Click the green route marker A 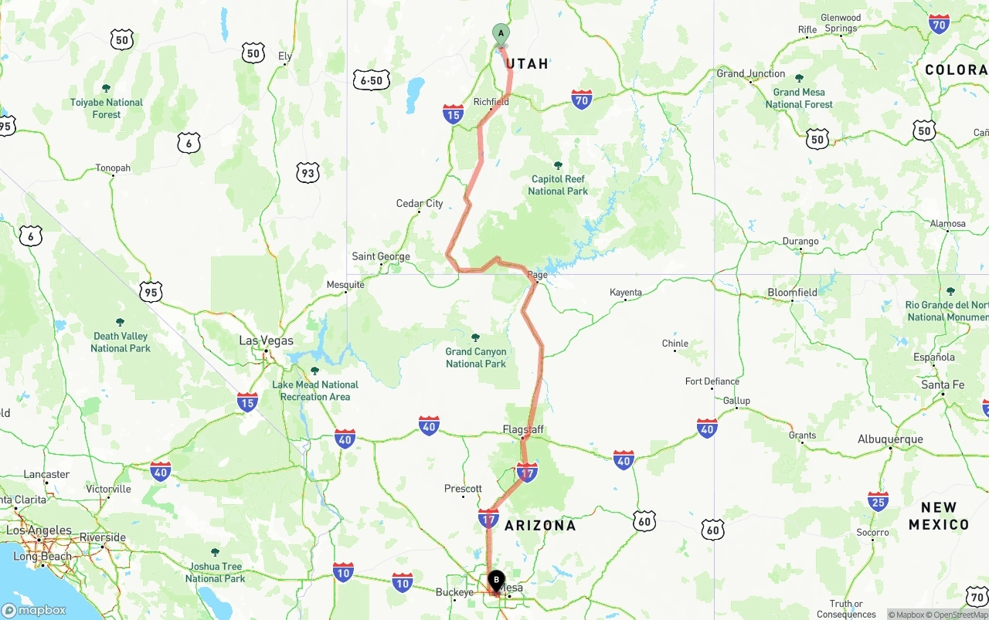[501, 34]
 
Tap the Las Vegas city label [266, 340]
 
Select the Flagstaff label [523, 429]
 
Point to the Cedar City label [420, 204]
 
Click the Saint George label [381, 256]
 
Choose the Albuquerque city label [890, 439]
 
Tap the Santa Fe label [943, 385]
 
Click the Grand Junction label [750, 74]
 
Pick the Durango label [800, 242]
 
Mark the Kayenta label [626, 293]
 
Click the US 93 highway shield [308, 173]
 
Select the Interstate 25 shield [878, 502]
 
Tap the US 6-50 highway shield [371, 80]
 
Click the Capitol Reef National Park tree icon [558, 165]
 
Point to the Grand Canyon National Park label [476, 357]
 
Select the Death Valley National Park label [120, 342]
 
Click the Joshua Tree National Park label [215, 572]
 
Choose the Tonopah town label [113, 168]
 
